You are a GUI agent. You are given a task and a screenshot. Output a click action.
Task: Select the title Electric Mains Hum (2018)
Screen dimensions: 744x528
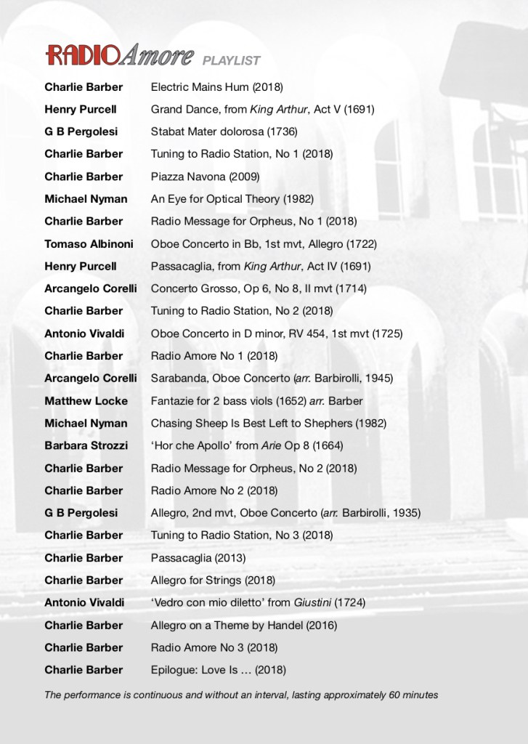coord(216,87)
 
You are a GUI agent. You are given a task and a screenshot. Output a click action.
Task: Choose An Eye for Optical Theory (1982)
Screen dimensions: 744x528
coord(231,199)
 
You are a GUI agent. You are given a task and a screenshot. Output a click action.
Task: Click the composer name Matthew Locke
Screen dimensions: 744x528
coord(86,401)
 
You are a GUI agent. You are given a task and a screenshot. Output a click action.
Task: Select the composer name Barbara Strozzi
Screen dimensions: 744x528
coord(86,445)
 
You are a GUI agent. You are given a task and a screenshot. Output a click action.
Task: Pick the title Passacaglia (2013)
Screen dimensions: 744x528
coord(198,558)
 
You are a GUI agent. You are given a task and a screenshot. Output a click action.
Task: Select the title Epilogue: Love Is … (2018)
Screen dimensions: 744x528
coord(218,670)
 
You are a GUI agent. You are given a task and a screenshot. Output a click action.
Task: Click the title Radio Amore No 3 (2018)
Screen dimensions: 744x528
coord(214,647)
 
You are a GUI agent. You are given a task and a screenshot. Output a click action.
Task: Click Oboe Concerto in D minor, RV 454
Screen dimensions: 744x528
coord(277,333)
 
